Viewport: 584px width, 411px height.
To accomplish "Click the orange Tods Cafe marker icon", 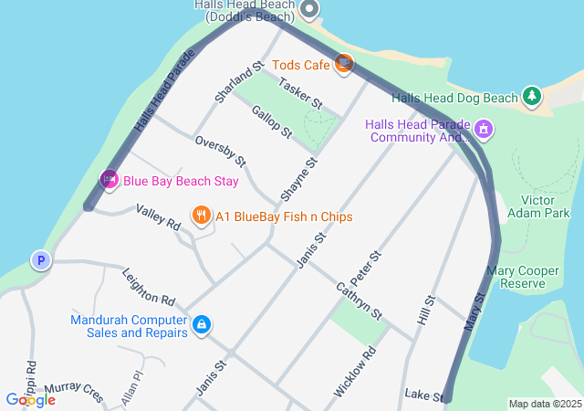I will [x=344, y=64].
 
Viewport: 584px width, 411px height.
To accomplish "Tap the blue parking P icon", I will [x=40, y=261].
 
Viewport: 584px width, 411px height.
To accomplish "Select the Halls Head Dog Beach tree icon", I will [x=531, y=96].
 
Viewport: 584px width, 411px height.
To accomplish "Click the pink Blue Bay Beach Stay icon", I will [x=109, y=180].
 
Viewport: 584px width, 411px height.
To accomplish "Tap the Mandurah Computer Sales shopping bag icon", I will [x=202, y=324].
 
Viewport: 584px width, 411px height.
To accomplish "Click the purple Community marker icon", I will [x=483, y=131].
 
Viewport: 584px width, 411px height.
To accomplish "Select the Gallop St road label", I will [x=271, y=121].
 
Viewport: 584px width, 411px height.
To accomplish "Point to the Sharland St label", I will [x=238, y=79].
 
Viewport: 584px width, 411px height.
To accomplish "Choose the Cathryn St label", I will [x=359, y=300].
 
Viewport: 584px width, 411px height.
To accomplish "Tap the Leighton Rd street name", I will [x=148, y=286].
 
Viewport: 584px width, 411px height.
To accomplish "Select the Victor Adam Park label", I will [x=545, y=206].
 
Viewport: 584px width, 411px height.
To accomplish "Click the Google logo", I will [x=30, y=400].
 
